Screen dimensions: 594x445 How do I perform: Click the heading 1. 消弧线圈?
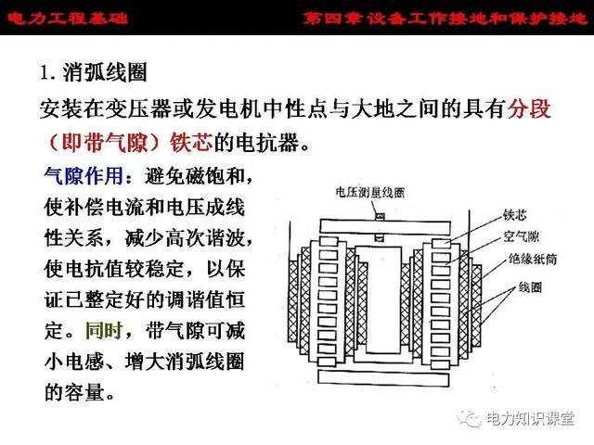(94, 72)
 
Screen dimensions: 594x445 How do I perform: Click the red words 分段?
(529, 109)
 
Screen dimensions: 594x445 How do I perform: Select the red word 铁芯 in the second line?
(191, 143)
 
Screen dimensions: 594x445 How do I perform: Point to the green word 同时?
(104, 330)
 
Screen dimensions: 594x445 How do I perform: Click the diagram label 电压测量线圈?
(370, 192)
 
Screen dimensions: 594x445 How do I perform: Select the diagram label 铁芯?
(515, 214)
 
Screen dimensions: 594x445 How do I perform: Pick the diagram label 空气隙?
(521, 236)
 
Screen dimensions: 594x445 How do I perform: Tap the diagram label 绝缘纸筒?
(533, 259)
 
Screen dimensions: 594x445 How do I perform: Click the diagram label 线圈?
(530, 287)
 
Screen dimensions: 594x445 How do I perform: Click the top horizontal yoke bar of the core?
(385, 226)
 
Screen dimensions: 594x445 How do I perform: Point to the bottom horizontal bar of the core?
(383, 378)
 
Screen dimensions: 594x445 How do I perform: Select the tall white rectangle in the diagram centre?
(383, 299)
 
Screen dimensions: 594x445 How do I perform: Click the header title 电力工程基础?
(68, 18)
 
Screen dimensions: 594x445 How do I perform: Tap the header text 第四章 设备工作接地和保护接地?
(445, 18)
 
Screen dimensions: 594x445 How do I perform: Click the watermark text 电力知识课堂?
(530, 418)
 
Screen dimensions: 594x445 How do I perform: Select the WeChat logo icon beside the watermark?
(470, 418)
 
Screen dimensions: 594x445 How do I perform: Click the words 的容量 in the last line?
(74, 392)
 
